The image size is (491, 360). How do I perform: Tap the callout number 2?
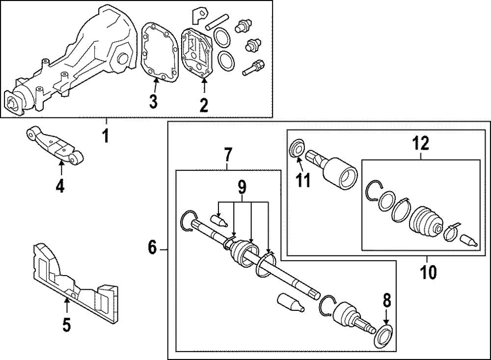[x=203, y=104]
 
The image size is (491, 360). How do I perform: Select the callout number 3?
[x=154, y=102]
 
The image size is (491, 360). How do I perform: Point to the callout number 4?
[x=60, y=187]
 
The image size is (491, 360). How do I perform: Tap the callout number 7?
[x=228, y=155]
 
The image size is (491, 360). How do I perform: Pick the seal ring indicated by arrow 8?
[x=383, y=336]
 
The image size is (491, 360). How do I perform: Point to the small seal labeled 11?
[x=297, y=148]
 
